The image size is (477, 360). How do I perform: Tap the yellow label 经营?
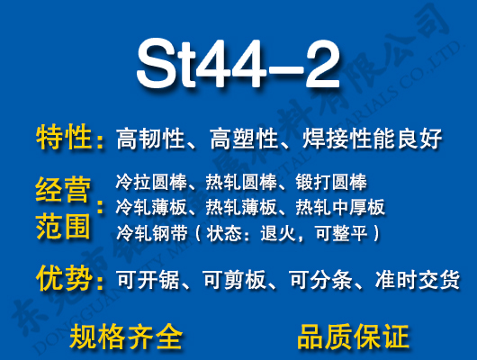tap(64, 191)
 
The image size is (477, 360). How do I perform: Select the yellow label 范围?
tap(64, 226)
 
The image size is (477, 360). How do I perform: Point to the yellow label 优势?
tap(64, 278)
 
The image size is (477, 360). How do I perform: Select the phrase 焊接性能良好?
tap(376, 139)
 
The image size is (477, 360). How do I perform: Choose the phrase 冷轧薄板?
tap(148, 208)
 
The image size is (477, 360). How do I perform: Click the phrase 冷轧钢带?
tap(148, 233)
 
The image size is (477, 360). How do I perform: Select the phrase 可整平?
tap(349, 233)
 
